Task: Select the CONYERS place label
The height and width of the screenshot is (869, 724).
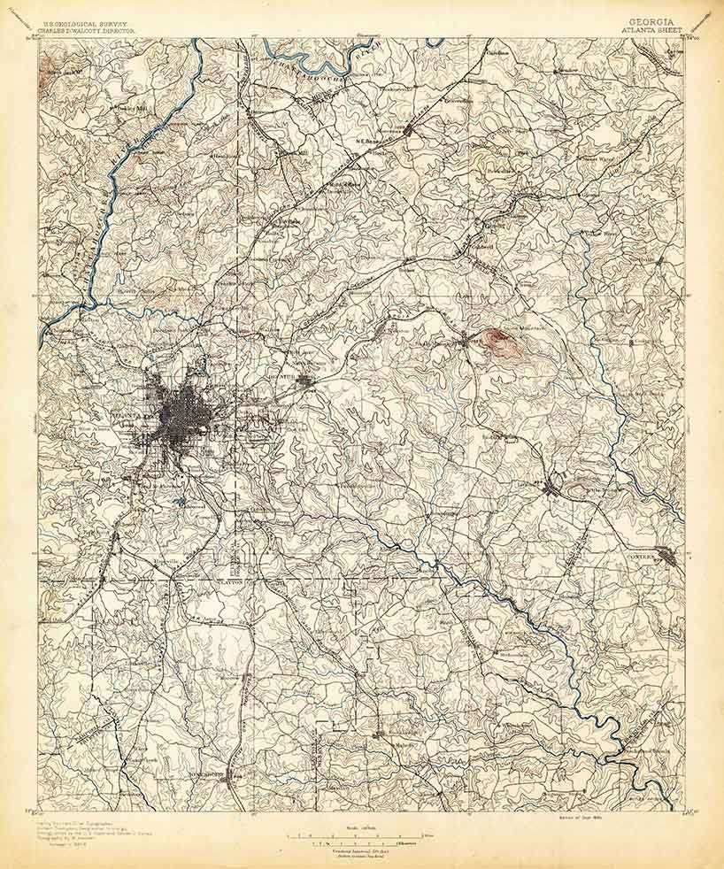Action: tap(643, 557)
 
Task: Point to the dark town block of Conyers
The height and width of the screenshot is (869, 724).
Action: tap(671, 557)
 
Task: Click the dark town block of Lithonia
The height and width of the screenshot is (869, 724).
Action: tap(552, 485)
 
